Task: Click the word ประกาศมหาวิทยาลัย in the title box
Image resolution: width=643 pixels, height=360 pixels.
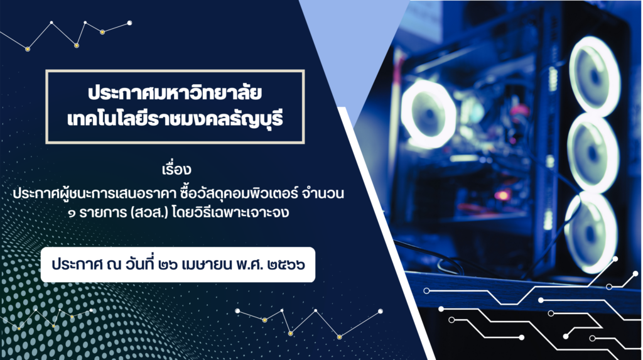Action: (175, 93)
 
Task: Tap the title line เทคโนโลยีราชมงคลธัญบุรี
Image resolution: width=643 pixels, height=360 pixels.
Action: (175, 119)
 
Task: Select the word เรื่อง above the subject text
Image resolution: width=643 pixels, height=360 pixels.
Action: (176, 169)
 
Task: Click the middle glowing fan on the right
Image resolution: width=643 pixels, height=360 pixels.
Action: (593, 153)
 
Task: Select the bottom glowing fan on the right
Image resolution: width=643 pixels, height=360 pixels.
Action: (591, 232)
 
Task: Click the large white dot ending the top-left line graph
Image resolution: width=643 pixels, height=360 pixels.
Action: (129, 23)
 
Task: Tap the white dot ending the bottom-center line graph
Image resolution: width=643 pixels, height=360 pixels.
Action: (381, 311)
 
